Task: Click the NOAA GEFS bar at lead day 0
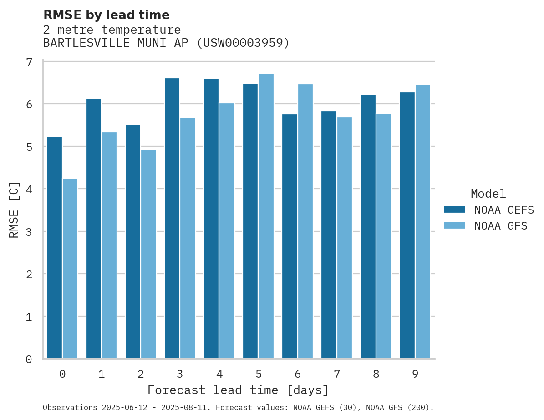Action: (x=55, y=248)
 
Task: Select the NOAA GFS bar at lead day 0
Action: (x=70, y=269)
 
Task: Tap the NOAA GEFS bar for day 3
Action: (x=172, y=218)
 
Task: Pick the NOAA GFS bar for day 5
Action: (x=266, y=216)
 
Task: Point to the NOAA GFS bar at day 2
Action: (x=148, y=254)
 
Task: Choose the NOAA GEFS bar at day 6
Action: (x=290, y=236)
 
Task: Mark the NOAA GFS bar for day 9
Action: (x=422, y=221)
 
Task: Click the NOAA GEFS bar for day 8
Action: (x=368, y=227)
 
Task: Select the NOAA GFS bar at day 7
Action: (x=344, y=238)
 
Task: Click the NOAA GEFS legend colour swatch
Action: (x=454, y=210)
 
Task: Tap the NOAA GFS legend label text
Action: (x=501, y=226)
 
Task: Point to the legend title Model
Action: (x=488, y=194)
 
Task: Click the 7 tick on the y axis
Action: (x=29, y=62)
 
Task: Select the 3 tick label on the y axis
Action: (x=29, y=232)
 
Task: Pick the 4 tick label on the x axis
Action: (x=219, y=374)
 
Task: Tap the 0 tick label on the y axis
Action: (x=29, y=360)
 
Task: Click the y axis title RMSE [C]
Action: (x=14, y=210)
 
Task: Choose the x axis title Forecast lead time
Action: (x=238, y=390)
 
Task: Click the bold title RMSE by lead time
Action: (x=106, y=15)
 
